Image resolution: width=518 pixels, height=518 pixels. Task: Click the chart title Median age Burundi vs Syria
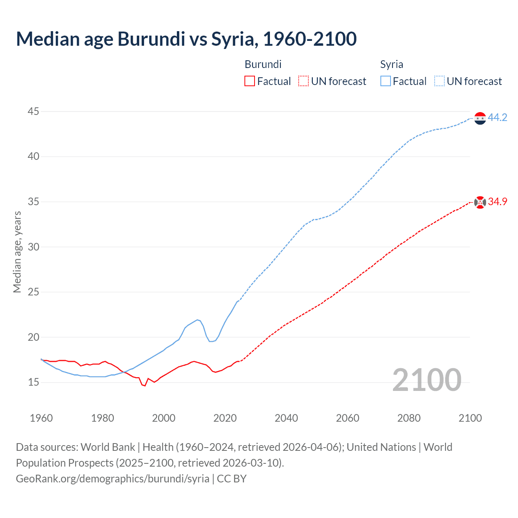coord(186,39)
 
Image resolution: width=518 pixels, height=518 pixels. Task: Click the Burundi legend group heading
coord(263,64)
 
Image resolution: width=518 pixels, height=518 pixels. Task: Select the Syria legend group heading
coord(391,64)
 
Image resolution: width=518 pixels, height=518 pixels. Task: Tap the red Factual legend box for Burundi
coord(250,81)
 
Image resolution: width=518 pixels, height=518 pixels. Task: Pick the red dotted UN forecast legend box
coord(304,81)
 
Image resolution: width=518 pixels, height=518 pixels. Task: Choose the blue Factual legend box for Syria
coord(386,81)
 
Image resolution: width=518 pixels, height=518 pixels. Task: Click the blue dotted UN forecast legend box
coord(439,81)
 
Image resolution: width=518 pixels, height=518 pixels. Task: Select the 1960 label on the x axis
coord(41,418)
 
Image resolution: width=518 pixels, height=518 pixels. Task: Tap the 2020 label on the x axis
coord(225,418)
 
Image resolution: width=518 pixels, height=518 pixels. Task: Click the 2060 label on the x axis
coord(348,418)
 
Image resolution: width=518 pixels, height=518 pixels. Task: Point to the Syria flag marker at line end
coord(480,118)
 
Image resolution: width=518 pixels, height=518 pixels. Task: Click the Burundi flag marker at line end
coord(480,202)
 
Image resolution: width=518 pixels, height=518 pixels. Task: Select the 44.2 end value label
coord(497,118)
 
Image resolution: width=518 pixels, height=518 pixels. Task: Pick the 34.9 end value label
coord(497,202)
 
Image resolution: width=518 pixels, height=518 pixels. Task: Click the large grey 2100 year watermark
coord(427,380)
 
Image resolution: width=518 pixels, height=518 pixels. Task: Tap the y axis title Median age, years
coord(17,252)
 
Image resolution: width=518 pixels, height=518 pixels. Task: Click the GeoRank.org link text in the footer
coord(113,479)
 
